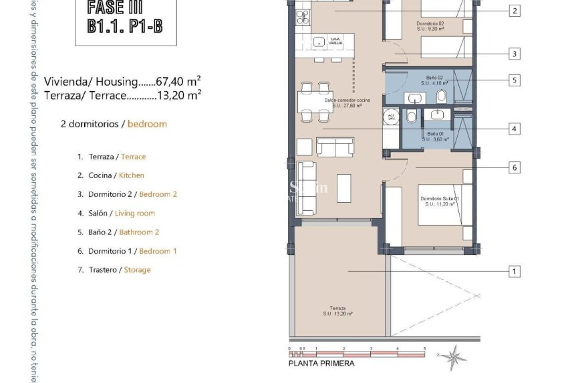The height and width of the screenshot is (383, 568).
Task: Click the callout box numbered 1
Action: click(x=514, y=271)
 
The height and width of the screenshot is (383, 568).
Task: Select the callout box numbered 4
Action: click(x=514, y=129)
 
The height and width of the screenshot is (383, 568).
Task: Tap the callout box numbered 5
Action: click(x=514, y=80)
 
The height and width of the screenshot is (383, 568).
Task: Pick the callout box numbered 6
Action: click(x=514, y=167)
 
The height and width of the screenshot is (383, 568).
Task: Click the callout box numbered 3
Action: click(x=514, y=54)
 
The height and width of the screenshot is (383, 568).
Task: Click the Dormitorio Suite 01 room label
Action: click(x=439, y=202)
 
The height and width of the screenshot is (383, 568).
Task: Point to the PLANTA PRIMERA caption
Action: click(x=321, y=364)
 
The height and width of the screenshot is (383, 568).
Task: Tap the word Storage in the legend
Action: click(x=137, y=270)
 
